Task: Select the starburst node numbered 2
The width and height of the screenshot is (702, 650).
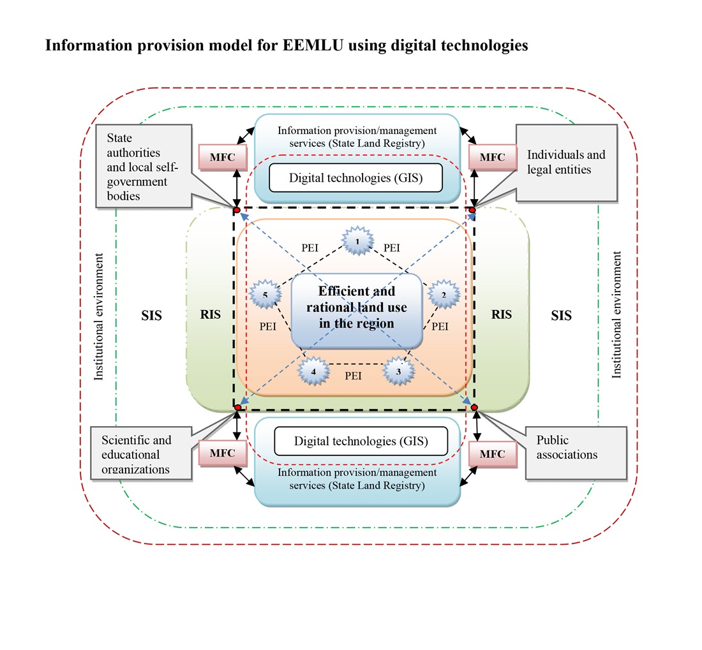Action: [x=444, y=295]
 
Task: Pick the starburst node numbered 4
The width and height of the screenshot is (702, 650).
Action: [x=313, y=371]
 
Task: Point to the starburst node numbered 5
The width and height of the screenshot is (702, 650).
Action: [x=264, y=295]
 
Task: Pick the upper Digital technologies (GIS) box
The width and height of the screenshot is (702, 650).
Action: [x=357, y=177]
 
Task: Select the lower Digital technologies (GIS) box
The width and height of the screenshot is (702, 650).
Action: [x=361, y=441]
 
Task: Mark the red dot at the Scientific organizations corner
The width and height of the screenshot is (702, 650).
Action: [x=237, y=407]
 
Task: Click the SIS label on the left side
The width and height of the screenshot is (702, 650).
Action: [x=151, y=315]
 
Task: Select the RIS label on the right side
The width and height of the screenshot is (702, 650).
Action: [x=502, y=314]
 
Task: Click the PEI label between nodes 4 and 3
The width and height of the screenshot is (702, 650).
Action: [x=353, y=376]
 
